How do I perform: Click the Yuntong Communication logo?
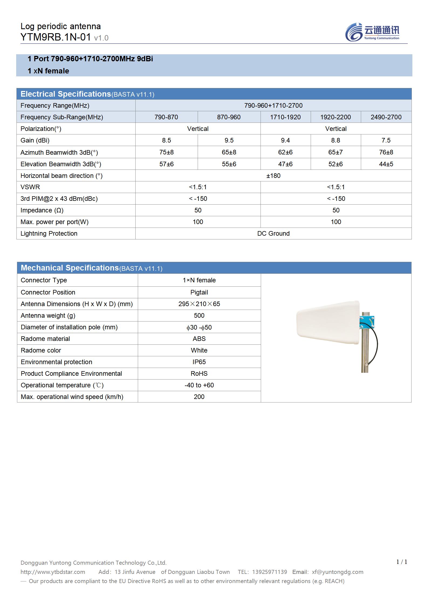(x=372, y=32)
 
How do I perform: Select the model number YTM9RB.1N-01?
(x=56, y=37)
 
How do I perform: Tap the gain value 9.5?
(x=229, y=140)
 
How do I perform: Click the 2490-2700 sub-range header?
(x=386, y=117)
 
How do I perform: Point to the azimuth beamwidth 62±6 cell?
(x=285, y=152)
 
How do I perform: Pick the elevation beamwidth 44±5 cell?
(x=386, y=164)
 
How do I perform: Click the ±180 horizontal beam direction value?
(x=273, y=176)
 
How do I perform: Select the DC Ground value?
(x=273, y=233)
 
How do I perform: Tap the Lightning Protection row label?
(x=49, y=233)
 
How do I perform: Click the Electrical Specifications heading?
(x=66, y=94)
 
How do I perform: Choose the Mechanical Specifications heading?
(x=70, y=268)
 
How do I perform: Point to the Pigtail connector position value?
(x=199, y=292)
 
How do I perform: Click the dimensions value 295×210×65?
(x=199, y=304)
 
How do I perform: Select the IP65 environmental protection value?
(x=199, y=362)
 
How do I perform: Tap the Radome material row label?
(x=45, y=339)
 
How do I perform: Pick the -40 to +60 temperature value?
(x=199, y=385)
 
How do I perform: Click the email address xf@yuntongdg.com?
(x=337, y=572)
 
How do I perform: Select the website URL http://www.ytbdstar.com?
(x=53, y=572)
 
